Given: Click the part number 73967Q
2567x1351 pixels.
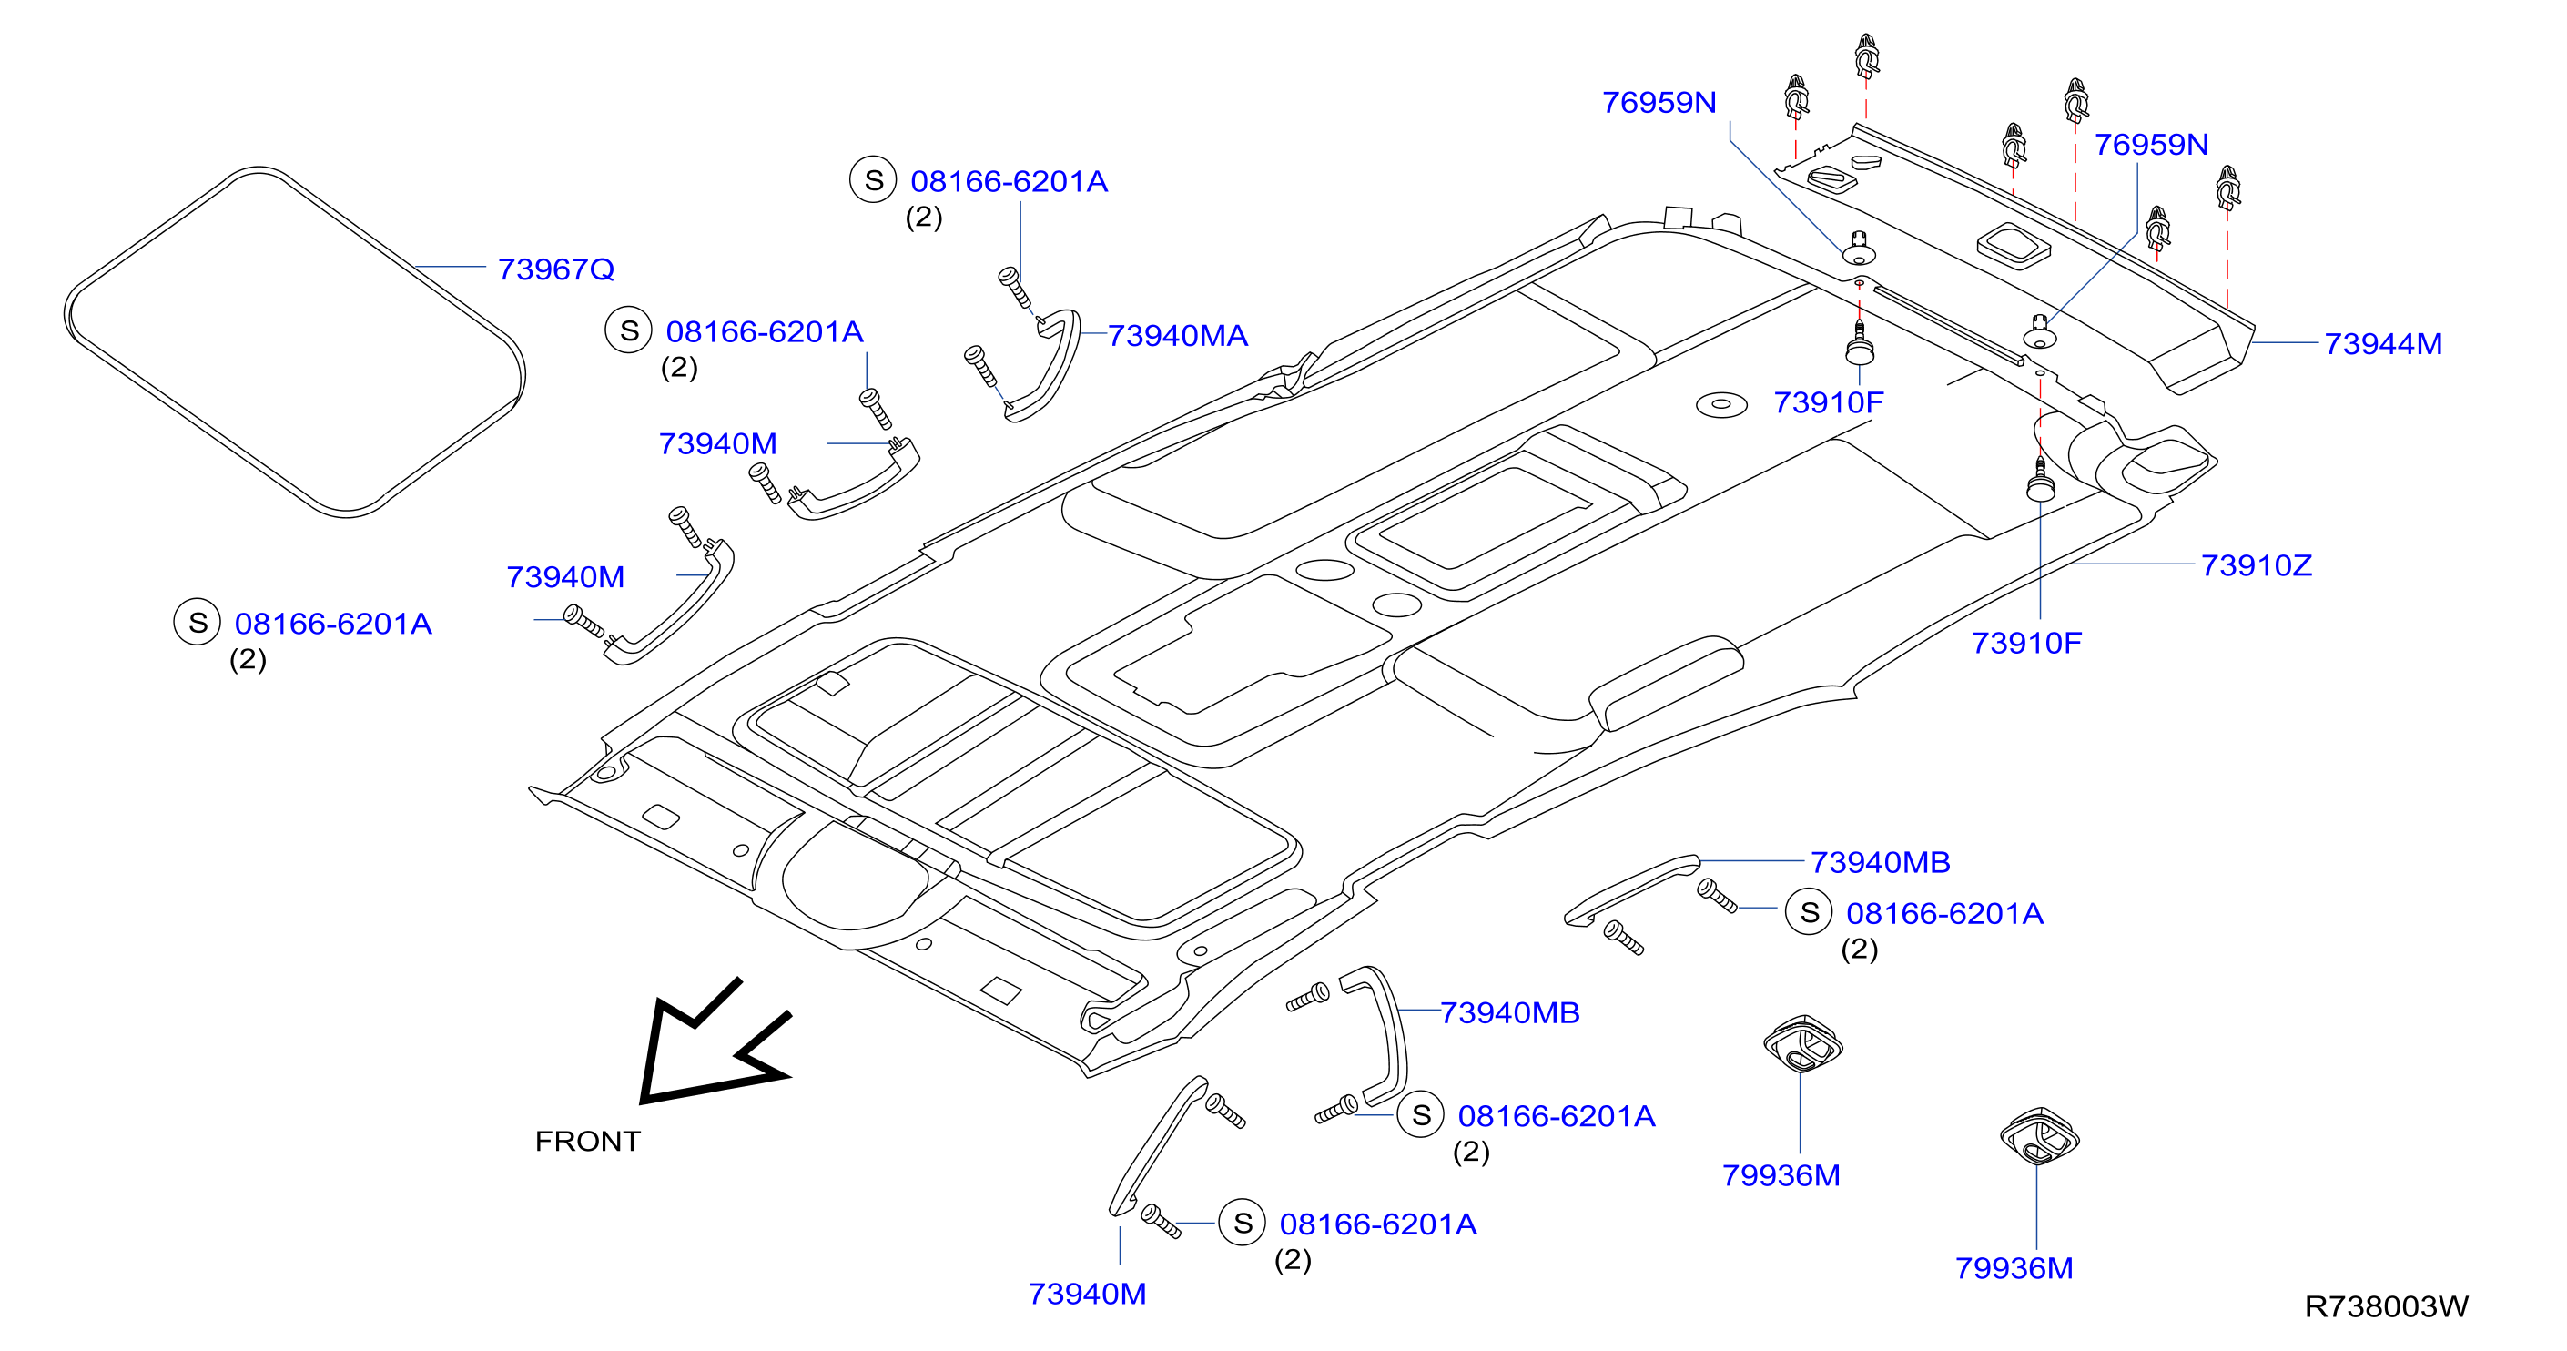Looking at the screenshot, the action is coord(555,269).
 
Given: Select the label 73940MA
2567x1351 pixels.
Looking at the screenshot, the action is coord(1177,336).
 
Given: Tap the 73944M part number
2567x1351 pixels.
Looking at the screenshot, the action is coord(2382,344).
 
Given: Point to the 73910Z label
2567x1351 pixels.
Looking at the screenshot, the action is coord(2256,565).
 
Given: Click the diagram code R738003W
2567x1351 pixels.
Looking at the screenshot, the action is coord(2387,1306).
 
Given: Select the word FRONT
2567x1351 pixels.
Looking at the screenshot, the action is coord(588,1141).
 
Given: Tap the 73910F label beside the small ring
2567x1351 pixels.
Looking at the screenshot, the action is coord(1828,402).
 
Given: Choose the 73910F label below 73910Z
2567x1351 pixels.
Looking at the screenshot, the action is coord(2026,643).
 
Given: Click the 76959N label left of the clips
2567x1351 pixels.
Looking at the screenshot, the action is coord(1659,103).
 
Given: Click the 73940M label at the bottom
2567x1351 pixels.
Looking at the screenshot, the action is coord(1086,1294).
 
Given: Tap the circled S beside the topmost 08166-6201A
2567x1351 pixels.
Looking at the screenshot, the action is coord(873,180).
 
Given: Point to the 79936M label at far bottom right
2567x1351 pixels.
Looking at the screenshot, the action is coord(2013,1268).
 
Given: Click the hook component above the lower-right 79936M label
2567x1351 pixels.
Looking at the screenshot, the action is coord(2039,1135).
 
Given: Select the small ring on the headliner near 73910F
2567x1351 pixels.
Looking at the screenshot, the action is coord(1721,404).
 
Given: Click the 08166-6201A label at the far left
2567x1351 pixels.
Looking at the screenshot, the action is coord(333,624).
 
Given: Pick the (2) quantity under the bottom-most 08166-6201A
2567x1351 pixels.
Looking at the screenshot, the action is coord(1293,1260).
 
